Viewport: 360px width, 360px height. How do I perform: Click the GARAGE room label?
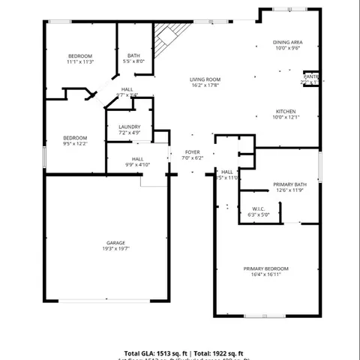[115, 243]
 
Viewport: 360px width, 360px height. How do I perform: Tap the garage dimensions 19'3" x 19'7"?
[115, 249]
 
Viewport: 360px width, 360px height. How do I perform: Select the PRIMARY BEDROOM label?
[265, 268]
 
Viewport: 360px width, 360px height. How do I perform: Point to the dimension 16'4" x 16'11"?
[265, 274]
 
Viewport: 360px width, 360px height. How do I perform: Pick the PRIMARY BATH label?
[289, 184]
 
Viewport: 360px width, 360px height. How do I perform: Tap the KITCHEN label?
[286, 111]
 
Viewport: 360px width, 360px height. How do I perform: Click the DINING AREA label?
[287, 42]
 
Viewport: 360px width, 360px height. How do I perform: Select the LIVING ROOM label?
[205, 79]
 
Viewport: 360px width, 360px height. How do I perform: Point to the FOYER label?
[193, 152]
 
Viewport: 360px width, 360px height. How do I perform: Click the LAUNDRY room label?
[129, 127]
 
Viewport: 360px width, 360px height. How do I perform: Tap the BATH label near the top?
[133, 55]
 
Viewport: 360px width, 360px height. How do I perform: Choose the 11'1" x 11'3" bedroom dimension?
[80, 62]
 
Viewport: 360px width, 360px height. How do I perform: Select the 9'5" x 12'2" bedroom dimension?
[75, 144]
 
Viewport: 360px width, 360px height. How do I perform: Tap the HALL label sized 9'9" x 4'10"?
[138, 159]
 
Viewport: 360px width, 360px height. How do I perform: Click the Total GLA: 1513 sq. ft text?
[155, 352]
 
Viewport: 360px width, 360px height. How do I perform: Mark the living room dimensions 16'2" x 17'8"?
[205, 85]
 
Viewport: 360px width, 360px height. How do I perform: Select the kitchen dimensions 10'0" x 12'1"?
[286, 117]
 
